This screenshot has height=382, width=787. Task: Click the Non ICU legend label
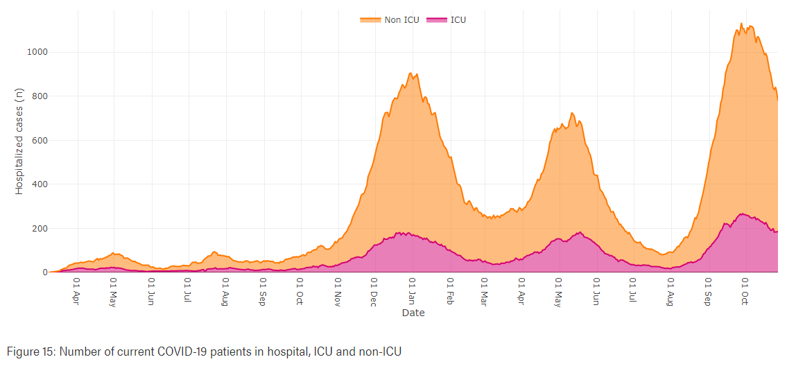tap(401, 19)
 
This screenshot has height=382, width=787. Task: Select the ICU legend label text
tap(458, 19)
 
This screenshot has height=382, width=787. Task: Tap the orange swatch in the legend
tap(370, 19)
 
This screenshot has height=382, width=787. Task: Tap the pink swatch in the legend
tap(436, 19)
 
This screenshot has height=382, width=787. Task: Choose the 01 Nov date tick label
tap(338, 293)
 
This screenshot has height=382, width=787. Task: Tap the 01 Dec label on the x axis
tap(374, 293)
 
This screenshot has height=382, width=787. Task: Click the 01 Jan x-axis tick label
tap(413, 292)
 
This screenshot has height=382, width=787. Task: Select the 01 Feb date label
tap(451, 292)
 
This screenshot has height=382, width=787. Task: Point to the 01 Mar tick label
tap(484, 293)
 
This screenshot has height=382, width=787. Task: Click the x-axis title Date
tap(413, 313)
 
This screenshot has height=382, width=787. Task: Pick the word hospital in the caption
tap(292, 351)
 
